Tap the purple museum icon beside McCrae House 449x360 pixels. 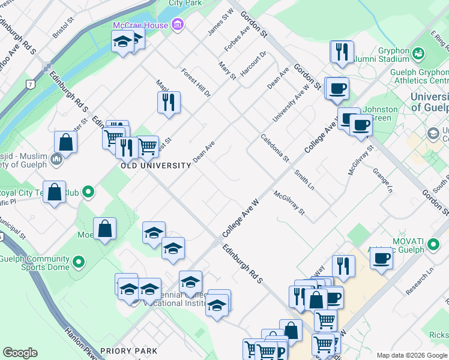point(178,25)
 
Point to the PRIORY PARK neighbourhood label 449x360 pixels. point(129,351)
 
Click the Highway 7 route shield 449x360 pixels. point(29,85)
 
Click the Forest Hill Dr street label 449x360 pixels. point(196,83)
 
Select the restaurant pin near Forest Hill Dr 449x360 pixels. point(169,102)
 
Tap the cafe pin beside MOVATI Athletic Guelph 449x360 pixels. point(382,259)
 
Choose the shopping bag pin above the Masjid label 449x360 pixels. point(65,142)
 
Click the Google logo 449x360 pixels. point(20,353)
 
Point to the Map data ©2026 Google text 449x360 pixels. point(412,355)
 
